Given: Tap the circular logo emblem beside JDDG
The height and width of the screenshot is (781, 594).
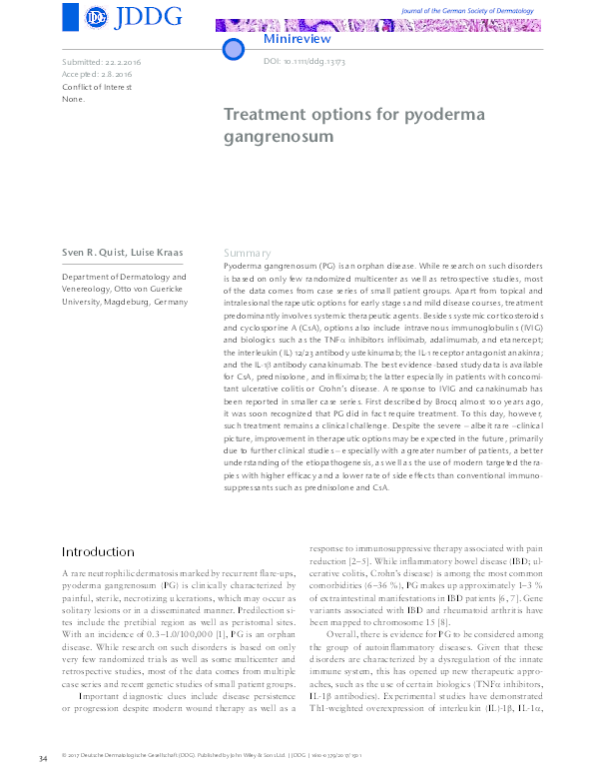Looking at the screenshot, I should click(x=97, y=17).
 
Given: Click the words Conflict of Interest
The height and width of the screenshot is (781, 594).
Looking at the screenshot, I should click(x=97, y=87).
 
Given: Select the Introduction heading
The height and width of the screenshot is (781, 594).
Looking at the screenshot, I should click(x=98, y=551).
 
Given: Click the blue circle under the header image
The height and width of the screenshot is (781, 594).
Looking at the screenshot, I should click(x=233, y=49).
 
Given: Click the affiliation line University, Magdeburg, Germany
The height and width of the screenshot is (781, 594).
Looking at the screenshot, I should click(x=125, y=302).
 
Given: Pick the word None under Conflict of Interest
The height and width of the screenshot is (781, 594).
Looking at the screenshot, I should click(x=74, y=99).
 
